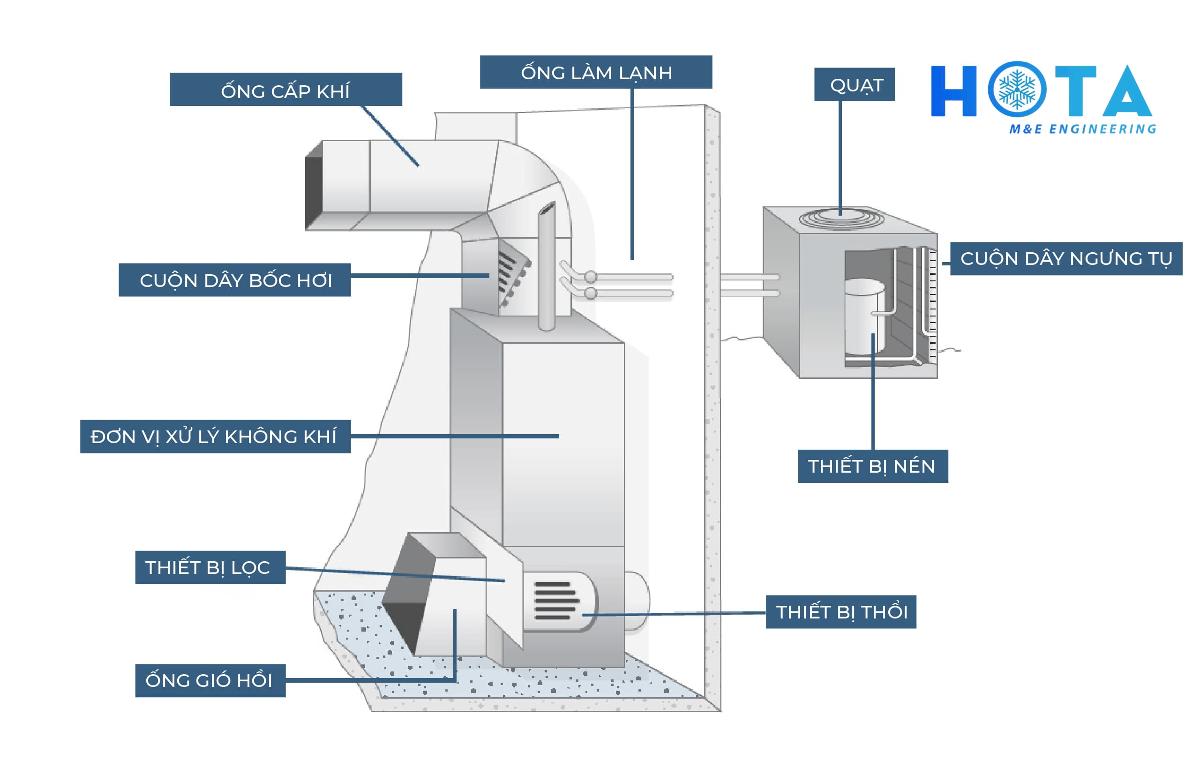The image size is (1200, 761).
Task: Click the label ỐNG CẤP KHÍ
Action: [x=285, y=89]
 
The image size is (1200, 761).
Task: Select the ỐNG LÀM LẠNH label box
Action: [x=595, y=72]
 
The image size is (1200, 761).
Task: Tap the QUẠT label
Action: [x=854, y=84]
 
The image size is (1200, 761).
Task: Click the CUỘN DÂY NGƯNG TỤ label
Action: [x=1066, y=259]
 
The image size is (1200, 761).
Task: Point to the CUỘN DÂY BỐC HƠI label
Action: [x=235, y=280]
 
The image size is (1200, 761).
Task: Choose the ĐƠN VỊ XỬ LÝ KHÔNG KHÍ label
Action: [x=215, y=437]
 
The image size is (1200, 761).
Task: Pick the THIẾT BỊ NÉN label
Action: [x=873, y=467]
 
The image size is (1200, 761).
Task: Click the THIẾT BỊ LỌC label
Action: [x=210, y=567]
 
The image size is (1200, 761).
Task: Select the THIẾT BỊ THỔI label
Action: [x=840, y=612]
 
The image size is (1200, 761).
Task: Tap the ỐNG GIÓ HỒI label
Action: [x=210, y=680]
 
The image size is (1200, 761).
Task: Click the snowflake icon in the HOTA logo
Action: [x=1017, y=90]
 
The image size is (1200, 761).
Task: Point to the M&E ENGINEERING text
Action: [x=1082, y=129]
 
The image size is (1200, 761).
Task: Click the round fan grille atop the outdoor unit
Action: [x=841, y=219]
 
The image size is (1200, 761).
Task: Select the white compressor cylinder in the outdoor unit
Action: [x=865, y=316]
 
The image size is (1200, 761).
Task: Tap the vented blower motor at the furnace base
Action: [x=559, y=602]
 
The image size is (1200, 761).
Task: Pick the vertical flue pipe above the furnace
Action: [x=547, y=267]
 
